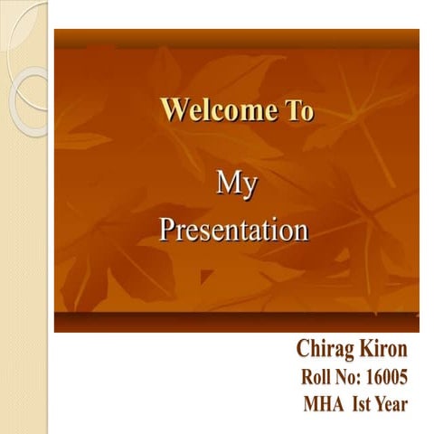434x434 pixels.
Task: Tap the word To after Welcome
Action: (297, 111)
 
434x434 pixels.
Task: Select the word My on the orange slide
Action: (236, 185)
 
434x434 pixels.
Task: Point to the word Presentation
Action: (234, 231)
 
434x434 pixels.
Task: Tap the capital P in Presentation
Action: (167, 231)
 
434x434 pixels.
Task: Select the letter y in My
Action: (248, 188)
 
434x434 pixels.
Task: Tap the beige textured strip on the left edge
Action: (23, 271)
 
